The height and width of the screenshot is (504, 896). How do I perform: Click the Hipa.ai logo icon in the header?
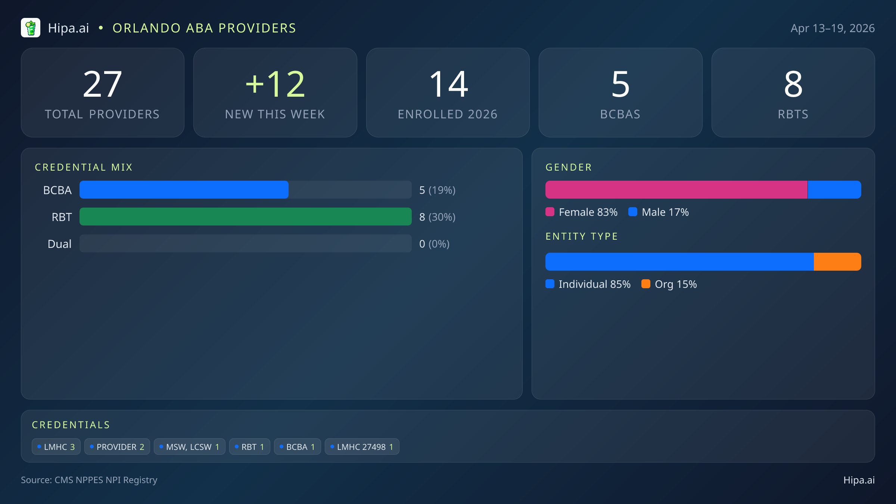(31, 28)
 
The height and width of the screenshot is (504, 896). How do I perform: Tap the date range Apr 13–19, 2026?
(832, 28)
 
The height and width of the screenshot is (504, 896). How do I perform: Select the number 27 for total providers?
(102, 84)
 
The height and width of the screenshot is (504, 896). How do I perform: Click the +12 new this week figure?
(275, 84)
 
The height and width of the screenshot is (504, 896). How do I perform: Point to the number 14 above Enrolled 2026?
(448, 84)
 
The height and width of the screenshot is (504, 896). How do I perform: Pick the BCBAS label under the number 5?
(620, 114)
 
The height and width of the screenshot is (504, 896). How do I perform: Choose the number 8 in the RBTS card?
(793, 84)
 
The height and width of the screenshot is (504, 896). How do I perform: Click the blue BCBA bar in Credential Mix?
(184, 190)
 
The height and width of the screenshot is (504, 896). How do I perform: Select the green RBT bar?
(245, 217)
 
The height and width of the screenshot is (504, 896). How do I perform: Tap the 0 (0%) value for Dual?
(434, 244)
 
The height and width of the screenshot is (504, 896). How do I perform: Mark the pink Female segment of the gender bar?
(676, 190)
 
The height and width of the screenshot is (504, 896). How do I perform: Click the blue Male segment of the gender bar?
(834, 190)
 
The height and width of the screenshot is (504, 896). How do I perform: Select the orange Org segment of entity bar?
(837, 262)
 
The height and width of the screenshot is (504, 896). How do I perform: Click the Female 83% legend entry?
(582, 212)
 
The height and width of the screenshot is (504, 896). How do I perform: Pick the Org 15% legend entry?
(669, 284)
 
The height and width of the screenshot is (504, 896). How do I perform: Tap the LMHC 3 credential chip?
(56, 447)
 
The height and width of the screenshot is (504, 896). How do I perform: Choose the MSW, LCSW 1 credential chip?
(189, 447)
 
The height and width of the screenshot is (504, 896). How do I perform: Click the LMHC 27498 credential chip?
(362, 447)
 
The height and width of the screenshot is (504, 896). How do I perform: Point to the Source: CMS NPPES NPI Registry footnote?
(89, 480)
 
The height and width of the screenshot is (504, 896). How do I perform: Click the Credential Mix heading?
(84, 167)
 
